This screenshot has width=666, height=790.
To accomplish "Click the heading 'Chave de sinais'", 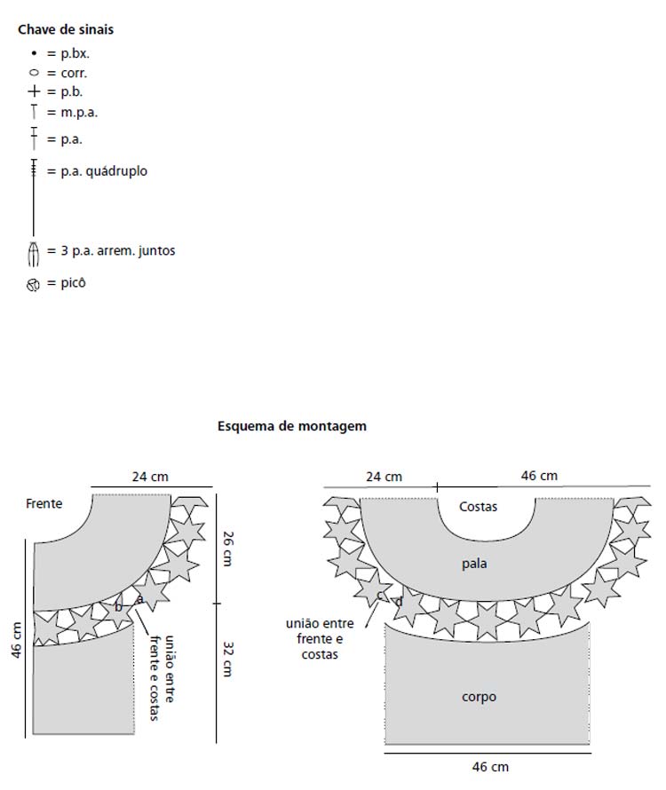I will click(66, 29).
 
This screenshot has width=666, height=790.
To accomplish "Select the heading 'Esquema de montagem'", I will click(292, 426).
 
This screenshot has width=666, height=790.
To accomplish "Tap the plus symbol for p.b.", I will click(35, 91).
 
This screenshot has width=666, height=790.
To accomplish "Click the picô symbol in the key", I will click(34, 285).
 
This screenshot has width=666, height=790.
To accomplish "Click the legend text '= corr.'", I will click(67, 73).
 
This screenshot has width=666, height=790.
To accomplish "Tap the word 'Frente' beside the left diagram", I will click(44, 503).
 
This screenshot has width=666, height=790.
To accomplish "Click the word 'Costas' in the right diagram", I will click(478, 507).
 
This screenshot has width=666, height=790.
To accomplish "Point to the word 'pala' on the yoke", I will click(474, 564).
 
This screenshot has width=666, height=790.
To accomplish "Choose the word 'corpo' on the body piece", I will click(479, 697).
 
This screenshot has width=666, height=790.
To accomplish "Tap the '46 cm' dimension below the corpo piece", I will click(490, 766).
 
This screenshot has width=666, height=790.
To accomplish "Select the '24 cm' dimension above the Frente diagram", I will click(150, 476).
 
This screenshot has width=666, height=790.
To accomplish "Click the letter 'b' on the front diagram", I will click(118, 607).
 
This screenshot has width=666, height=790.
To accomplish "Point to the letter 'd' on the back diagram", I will click(399, 602).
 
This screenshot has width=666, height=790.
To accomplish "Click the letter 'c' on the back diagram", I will click(380, 596).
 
